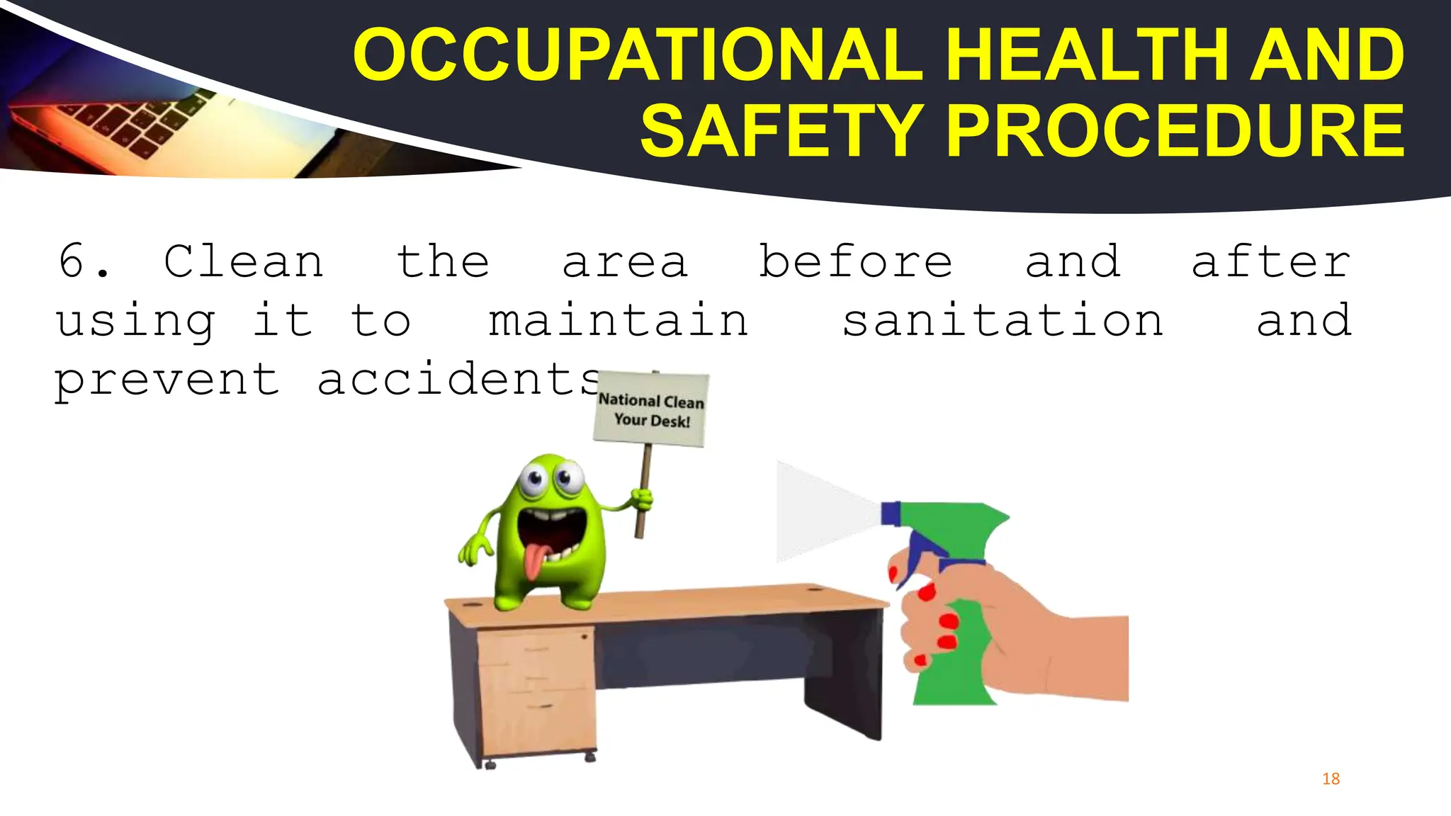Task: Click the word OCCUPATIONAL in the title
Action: pos(638,55)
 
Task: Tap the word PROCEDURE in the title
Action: pos(1175,132)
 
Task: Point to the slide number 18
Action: pos(1331,779)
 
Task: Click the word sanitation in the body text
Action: pos(1003,321)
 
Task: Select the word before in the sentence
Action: pos(855,262)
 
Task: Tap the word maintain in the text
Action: pos(618,321)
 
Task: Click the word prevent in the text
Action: pos(167,381)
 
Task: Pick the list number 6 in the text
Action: pos(73,261)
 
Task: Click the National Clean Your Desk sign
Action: pos(651,410)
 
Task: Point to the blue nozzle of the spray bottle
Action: pos(890,514)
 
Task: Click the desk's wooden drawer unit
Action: pos(536,691)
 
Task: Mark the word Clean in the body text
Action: pos(244,262)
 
